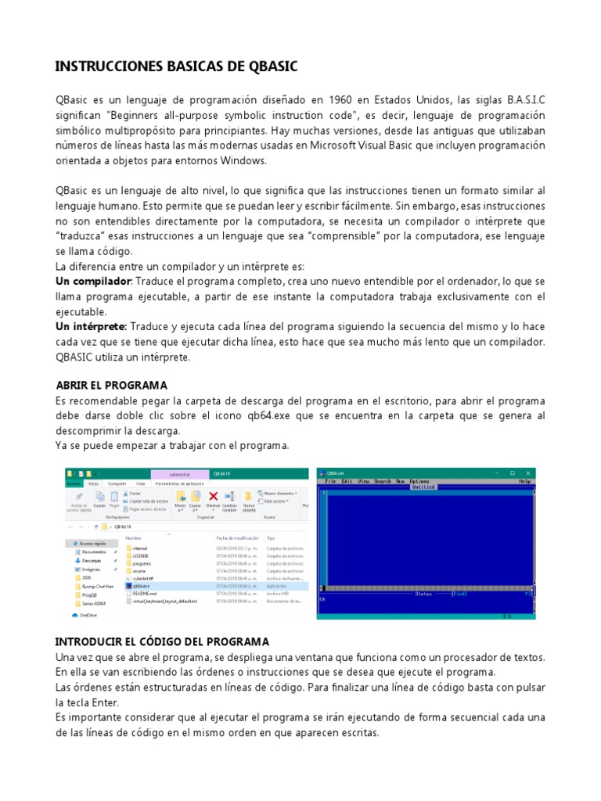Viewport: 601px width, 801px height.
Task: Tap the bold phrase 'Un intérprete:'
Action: pos(91,327)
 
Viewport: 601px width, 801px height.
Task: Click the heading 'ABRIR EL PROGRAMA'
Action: pos(112,386)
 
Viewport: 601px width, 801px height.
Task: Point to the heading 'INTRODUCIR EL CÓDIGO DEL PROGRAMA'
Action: pos(162,641)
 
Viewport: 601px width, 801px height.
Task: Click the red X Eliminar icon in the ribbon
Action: pos(212,497)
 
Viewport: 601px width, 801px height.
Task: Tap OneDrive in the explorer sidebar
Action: pos(88,615)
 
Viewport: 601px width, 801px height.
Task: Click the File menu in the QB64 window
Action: pos(331,481)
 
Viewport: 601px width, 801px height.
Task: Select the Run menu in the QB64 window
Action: pos(400,481)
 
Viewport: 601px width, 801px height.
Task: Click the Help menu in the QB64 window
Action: pos(524,481)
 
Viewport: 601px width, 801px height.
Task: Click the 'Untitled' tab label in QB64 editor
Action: pos(423,487)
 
